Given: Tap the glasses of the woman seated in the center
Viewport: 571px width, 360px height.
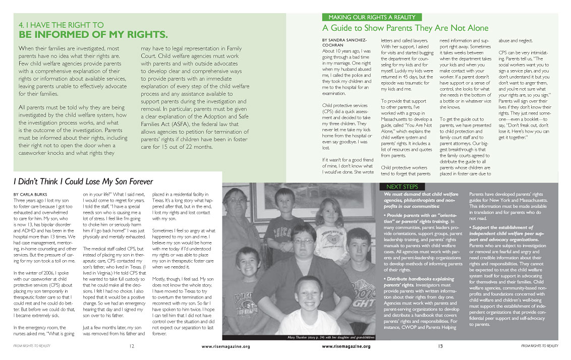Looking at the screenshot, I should pos(303,242).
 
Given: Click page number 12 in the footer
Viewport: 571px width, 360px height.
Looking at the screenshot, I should pos(132,346).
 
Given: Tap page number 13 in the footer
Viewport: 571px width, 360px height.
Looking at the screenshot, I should pos(440,346).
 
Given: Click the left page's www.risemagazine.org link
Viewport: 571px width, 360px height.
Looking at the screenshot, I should pos(225,346).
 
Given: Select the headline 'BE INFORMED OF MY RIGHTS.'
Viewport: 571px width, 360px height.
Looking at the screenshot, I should pos(93,35).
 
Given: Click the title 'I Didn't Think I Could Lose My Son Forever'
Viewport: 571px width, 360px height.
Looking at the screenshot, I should pos(83,181).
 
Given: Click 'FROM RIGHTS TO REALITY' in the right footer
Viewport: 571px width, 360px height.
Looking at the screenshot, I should pos(539,346).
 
